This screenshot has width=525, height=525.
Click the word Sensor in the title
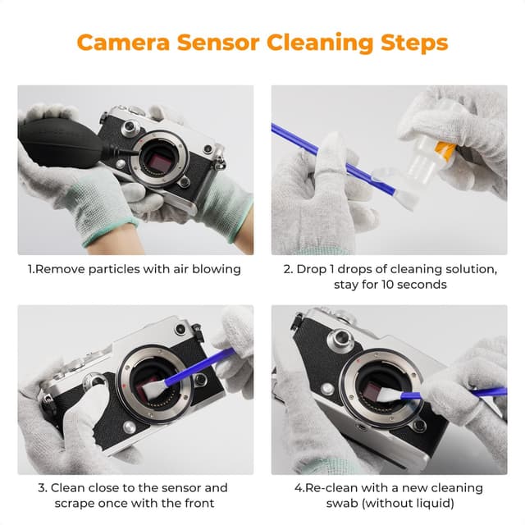point(219,42)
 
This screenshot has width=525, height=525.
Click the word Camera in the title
point(122,42)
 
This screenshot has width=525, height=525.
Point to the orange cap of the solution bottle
point(445,150)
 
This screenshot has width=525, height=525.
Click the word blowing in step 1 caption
point(216,269)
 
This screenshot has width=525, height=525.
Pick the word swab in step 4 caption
point(354,504)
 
